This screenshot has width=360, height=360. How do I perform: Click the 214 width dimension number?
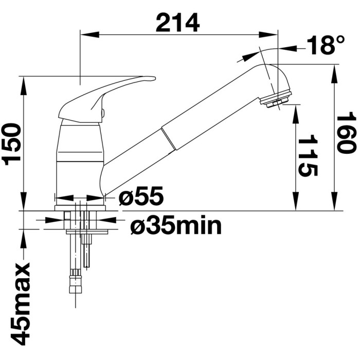[177, 23]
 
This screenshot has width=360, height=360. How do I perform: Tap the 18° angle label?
[326, 45]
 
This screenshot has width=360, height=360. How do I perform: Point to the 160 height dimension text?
[347, 133]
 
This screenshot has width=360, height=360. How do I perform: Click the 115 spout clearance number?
[308, 155]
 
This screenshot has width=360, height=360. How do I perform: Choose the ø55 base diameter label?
[141, 195]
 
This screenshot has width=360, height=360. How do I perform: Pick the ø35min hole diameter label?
[176, 226]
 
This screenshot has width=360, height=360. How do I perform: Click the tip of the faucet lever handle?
[154, 78]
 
